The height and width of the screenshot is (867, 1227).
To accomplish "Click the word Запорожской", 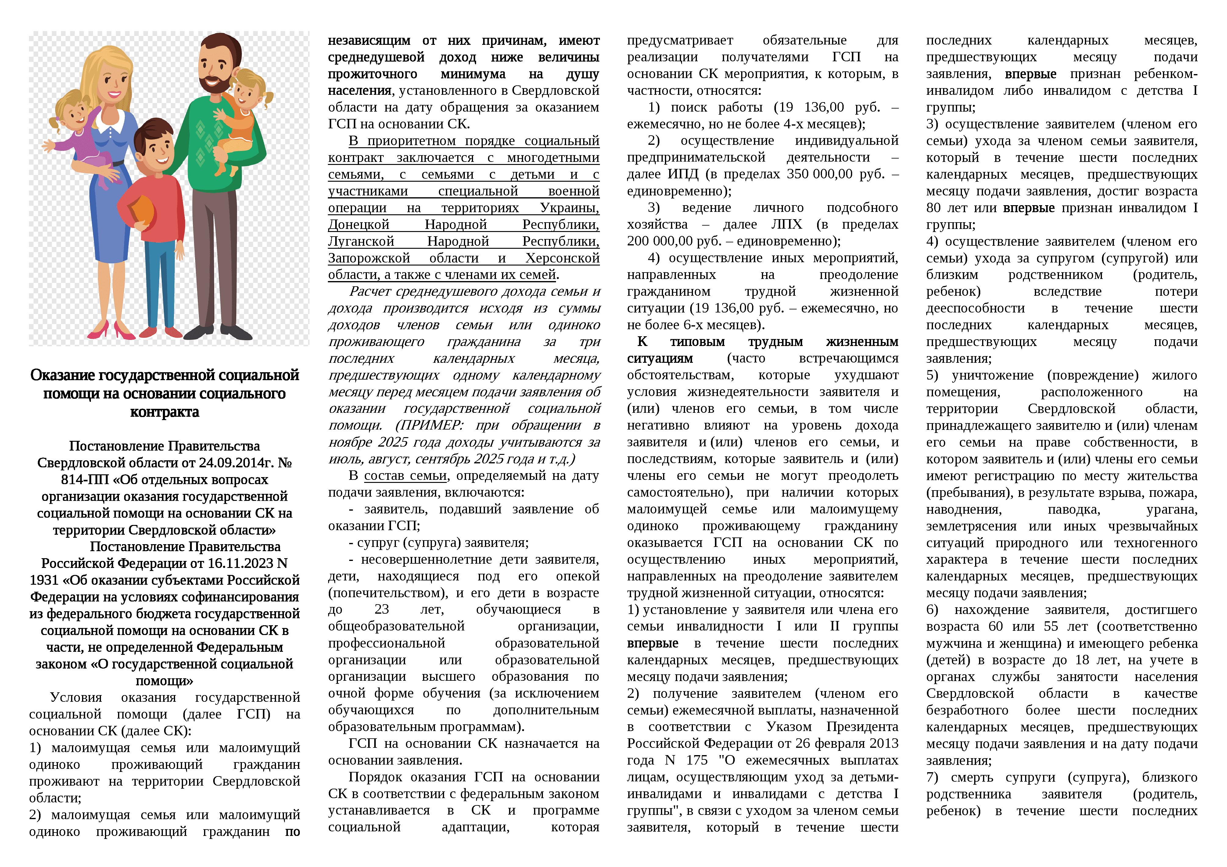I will click(x=369, y=258).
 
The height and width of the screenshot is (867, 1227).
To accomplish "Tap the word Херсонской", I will click(x=562, y=258).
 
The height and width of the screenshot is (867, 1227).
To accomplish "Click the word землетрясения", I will click(x=971, y=526).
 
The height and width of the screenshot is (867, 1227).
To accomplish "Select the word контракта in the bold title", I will click(x=165, y=412).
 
